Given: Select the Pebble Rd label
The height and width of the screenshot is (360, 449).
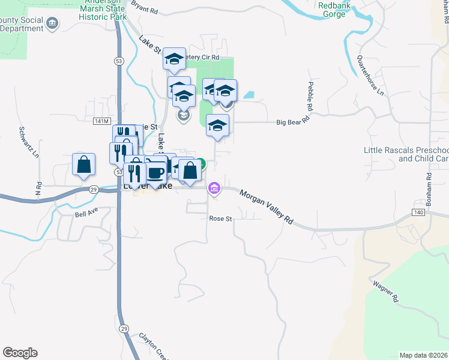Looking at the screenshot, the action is click(x=311, y=96).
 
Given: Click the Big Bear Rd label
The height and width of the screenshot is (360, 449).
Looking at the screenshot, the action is click(x=292, y=122).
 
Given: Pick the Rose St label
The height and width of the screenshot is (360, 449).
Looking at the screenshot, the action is click(x=220, y=219).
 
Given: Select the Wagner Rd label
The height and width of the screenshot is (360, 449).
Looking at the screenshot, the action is click(x=386, y=290).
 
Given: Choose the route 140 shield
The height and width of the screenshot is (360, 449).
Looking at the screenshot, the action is click(x=419, y=212).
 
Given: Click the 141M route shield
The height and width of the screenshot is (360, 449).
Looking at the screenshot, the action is click(x=101, y=121).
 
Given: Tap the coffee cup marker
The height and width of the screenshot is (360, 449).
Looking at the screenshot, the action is click(x=155, y=173).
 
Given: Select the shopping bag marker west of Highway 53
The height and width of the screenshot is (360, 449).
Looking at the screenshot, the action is click(x=83, y=164).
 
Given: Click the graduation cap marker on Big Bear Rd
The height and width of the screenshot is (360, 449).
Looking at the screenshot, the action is click(x=218, y=125).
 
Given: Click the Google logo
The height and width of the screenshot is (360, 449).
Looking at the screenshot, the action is click(x=20, y=353).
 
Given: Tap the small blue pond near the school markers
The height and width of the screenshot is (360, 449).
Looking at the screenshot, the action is click(x=249, y=95).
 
